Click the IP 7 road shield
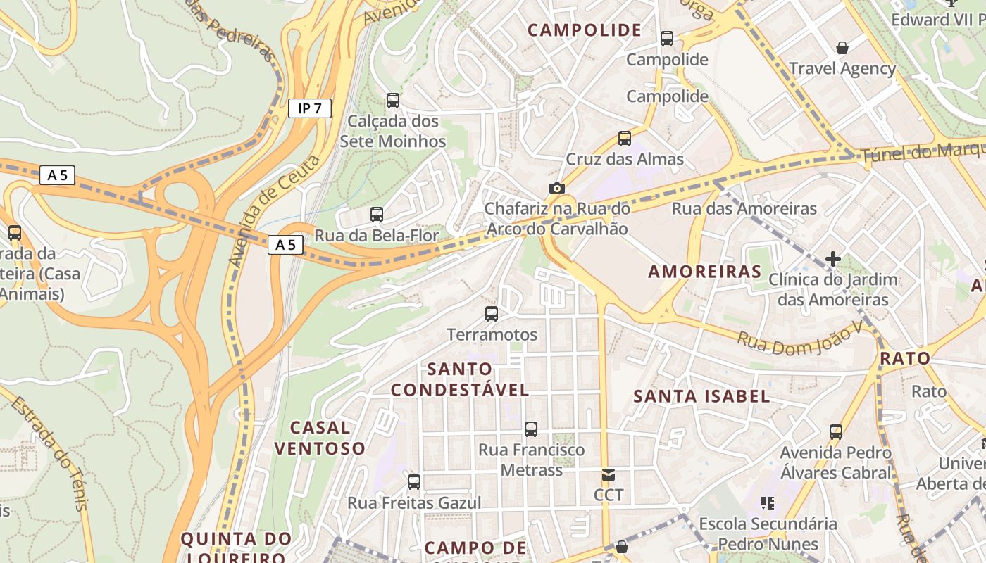[309, 108]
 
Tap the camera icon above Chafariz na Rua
[556, 188]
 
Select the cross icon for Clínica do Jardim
[833, 259]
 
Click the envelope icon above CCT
[608, 475]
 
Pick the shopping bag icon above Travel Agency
[842, 48]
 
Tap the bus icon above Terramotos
[492, 314]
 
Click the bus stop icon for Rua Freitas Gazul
[414, 482]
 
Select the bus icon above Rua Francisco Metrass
[531, 429]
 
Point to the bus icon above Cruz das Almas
[624, 139]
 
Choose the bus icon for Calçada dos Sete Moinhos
[393, 101]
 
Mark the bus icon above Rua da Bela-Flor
[377, 215]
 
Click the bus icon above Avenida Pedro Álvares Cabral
[835, 431]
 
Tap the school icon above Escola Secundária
[767, 503]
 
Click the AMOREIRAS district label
[704, 272]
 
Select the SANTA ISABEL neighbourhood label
[701, 396]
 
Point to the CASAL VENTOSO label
[320, 438]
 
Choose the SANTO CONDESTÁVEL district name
[460, 379]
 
